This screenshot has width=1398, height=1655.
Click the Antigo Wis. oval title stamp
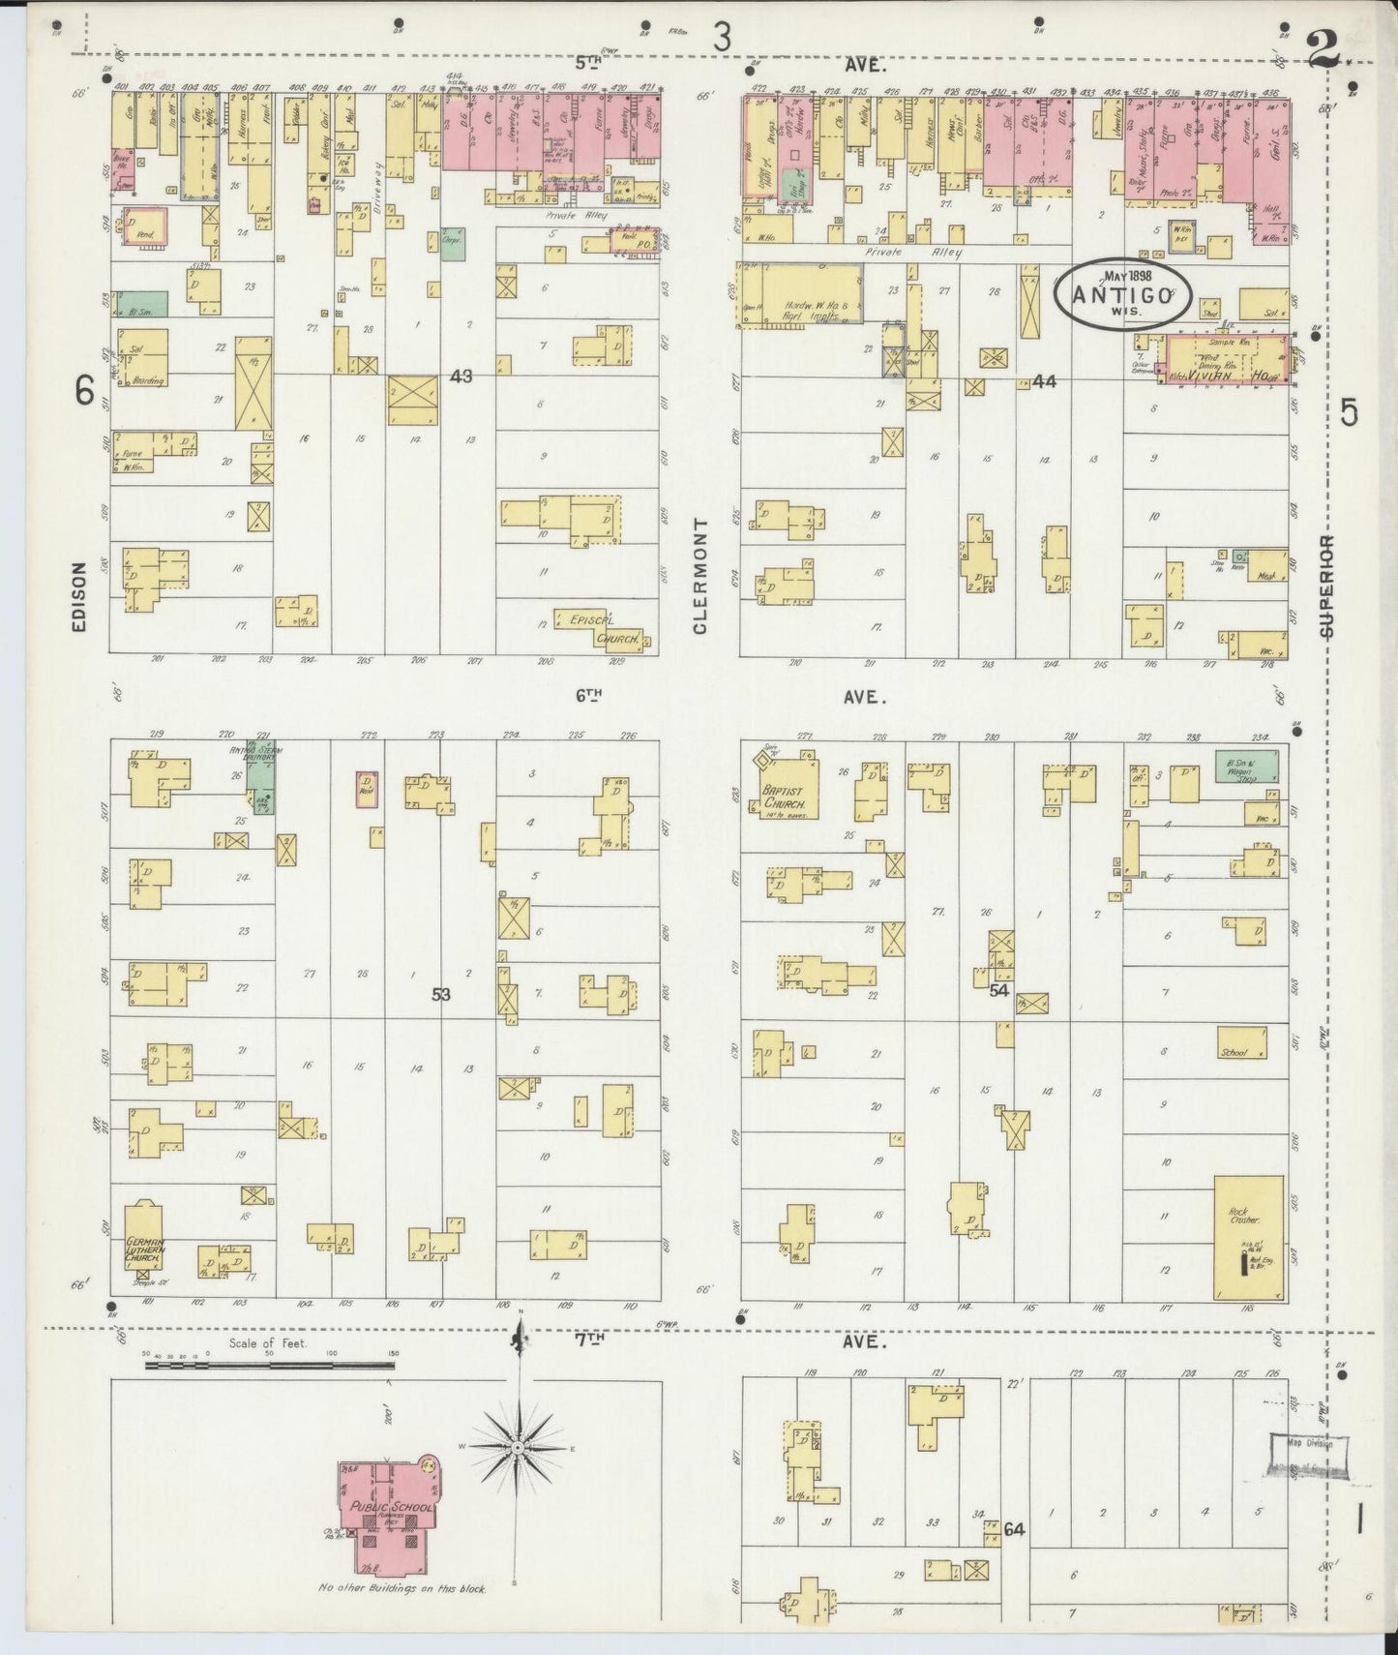coord(1121,294)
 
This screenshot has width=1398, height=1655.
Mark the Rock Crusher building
coord(1249,1237)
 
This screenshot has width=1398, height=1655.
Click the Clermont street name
coord(699,577)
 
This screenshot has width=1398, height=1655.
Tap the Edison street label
coord(79,597)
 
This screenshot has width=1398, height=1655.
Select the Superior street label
coord(1324,587)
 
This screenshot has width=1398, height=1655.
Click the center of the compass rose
coord(518,1447)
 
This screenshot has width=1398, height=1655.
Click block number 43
coord(461,376)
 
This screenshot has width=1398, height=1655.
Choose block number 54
coord(999,990)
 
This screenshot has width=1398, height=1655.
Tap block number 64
coord(1013,1530)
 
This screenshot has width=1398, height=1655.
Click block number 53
coord(441,993)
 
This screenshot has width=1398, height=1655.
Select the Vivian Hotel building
coord(1227,362)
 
